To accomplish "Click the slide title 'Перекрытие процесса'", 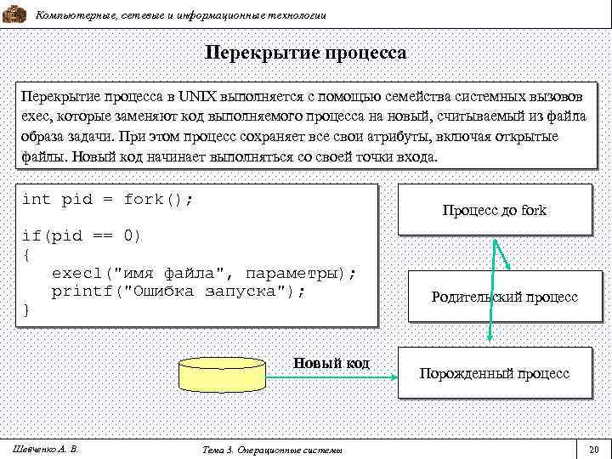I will coord(306,54).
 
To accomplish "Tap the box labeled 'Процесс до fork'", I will coord(494,210).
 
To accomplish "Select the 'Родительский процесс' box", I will coord(504,297).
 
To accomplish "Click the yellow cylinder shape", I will coord(221,373).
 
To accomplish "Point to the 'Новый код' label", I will coord(331,363).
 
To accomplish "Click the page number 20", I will coord(593,448).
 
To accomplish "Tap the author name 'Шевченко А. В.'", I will coord(42,447).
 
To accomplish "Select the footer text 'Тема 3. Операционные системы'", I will coord(268,449).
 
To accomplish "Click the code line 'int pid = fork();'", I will coord(108,200).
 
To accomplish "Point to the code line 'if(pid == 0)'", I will coord(82,235).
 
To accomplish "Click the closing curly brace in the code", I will coord(25,309).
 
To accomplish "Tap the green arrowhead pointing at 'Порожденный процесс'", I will coord(491,337).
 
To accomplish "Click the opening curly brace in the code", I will coord(25,254).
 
